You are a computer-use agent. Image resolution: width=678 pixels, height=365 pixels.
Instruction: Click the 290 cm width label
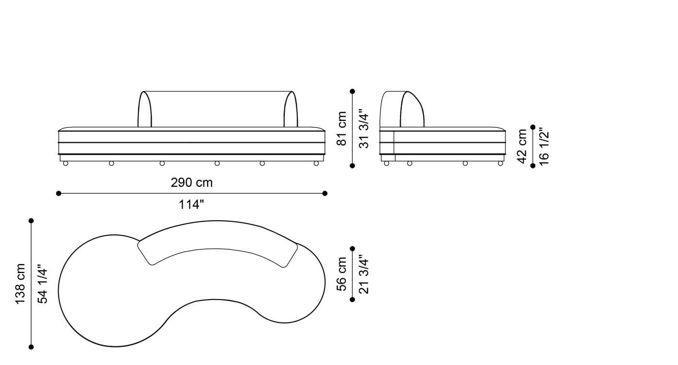coord(192,182)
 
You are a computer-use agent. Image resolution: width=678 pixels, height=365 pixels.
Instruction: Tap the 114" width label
coord(191,205)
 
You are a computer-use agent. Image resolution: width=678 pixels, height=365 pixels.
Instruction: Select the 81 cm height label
coord(342,128)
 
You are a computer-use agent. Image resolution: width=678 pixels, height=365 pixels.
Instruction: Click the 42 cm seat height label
coord(523,146)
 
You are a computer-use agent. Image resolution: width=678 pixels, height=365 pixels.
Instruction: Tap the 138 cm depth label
coord(20,284)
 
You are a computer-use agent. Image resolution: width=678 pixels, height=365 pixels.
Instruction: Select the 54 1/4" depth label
coord(43,286)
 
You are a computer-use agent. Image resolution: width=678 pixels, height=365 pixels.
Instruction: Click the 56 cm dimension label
coord(342,274)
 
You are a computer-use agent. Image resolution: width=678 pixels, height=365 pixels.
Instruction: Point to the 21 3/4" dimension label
coord(364,274)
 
